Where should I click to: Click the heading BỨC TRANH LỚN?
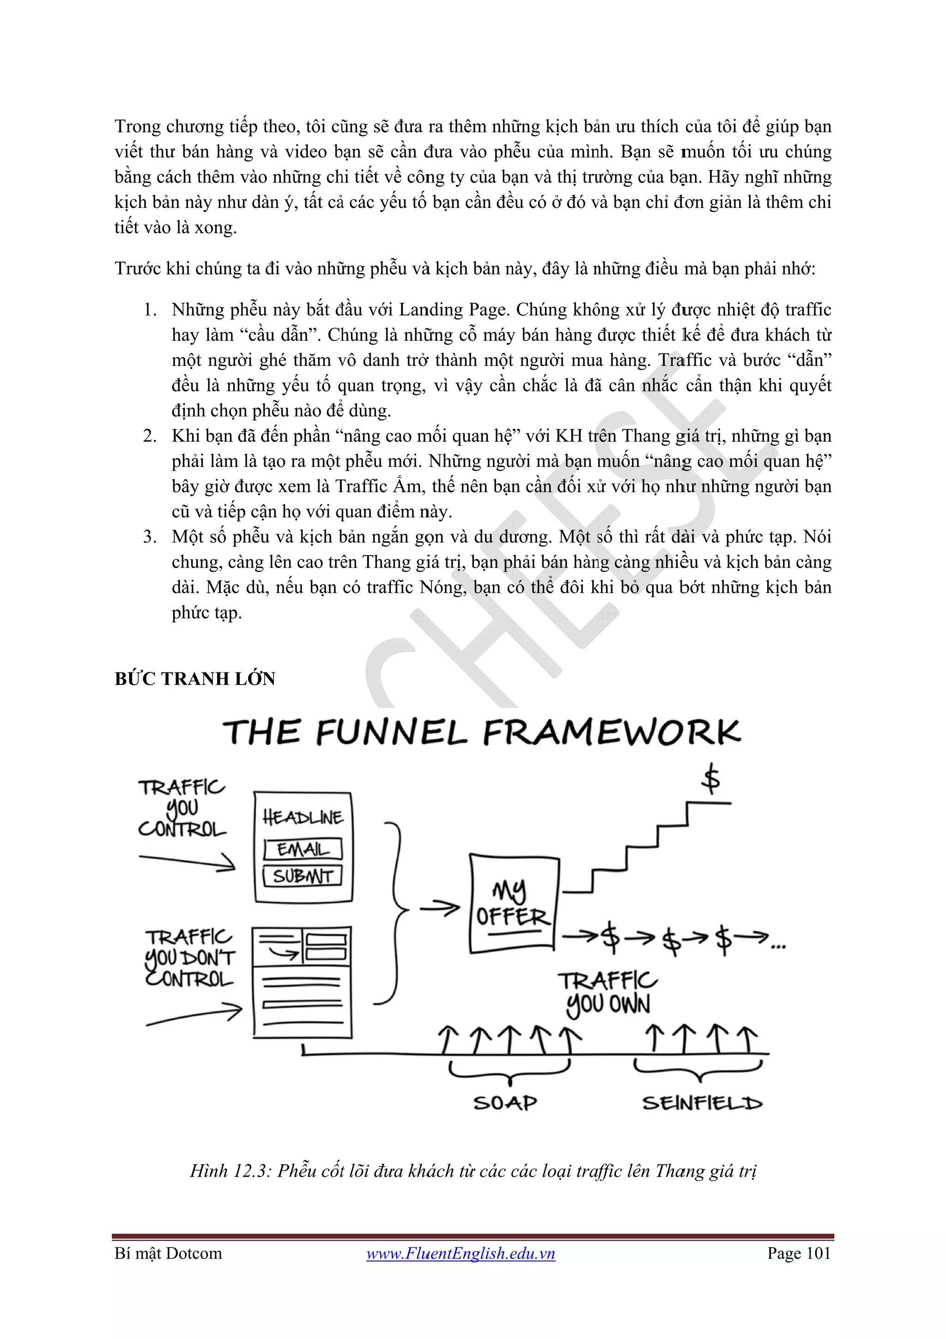pyautogui.click(x=194, y=679)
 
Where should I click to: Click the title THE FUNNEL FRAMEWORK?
pyautogui.click(x=481, y=733)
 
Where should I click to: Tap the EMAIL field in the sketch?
pyautogui.click(x=303, y=850)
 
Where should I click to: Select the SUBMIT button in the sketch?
pyautogui.click(x=303, y=876)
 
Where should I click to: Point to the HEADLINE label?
pyautogui.click(x=303, y=818)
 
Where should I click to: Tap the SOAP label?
pyautogui.click(x=505, y=1103)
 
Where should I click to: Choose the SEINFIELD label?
pyautogui.click(x=702, y=1103)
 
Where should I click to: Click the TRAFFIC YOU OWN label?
pyautogui.click(x=607, y=993)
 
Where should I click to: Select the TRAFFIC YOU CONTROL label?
pyautogui.click(x=181, y=808)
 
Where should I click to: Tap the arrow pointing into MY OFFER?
pyautogui.click(x=440, y=908)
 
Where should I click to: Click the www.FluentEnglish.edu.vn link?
pyautogui.click(x=461, y=1254)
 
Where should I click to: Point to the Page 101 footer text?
pyautogui.click(x=799, y=1254)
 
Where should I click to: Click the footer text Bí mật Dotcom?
pyautogui.click(x=169, y=1254)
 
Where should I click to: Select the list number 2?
pyautogui.click(x=150, y=436)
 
